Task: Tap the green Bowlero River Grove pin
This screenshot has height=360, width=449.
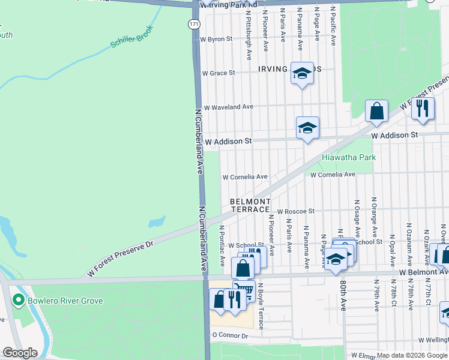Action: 19,301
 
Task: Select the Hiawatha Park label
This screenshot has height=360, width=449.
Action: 349,157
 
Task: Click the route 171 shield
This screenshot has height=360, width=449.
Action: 193,24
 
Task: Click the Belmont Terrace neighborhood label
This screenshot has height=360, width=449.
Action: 250,205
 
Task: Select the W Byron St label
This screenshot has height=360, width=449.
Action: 216,39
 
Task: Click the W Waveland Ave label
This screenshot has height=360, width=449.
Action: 228,107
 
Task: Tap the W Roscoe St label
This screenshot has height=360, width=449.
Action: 295,211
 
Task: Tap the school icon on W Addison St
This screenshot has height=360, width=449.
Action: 307,128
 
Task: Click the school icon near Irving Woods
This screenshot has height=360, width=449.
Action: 301,74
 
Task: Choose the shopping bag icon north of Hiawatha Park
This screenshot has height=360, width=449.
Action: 377,111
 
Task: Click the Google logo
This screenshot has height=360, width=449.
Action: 20,353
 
